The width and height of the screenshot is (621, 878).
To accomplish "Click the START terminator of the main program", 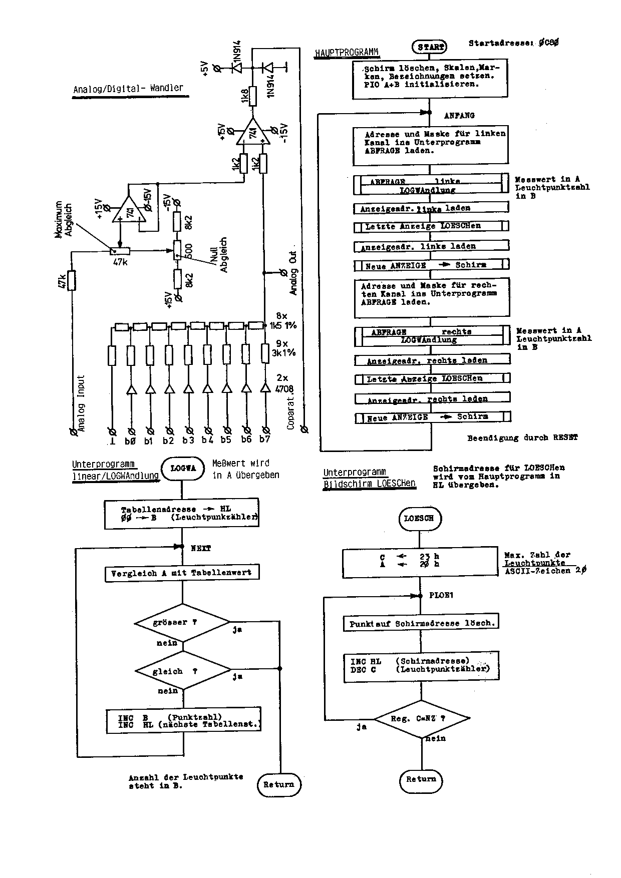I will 430,47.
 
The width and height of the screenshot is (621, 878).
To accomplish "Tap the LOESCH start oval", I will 419,519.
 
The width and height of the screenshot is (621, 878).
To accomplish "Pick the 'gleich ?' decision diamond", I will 183,671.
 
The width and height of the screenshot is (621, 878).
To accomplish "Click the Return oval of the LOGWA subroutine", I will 279,784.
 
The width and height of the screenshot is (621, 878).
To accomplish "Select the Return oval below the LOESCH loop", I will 421,779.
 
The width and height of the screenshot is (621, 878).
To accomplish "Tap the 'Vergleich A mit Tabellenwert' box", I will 182,573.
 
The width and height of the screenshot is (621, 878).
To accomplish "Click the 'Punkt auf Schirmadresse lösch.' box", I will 422,624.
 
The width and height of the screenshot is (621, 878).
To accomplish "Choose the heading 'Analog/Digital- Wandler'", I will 129,89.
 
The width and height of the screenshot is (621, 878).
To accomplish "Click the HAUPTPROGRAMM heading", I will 347,53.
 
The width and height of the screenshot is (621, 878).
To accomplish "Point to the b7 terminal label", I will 265,440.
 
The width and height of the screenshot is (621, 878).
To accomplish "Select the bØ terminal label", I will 130,441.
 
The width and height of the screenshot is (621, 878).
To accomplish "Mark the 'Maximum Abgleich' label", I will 64,220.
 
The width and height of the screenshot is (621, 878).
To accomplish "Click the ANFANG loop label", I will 459,116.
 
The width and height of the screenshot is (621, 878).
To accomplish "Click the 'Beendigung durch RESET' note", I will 522,438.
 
